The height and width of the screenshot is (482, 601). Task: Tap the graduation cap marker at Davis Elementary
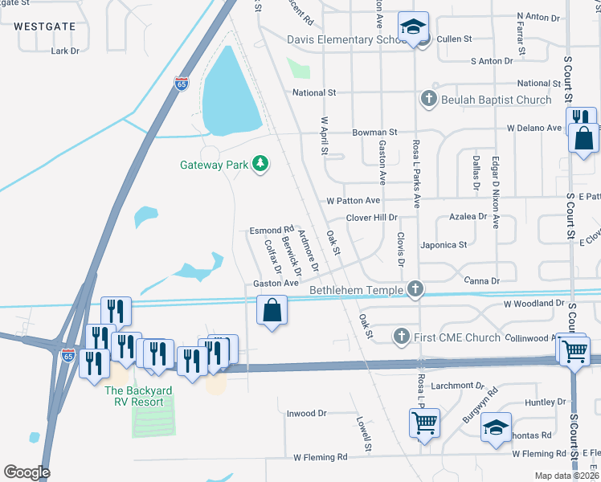(x=415, y=28)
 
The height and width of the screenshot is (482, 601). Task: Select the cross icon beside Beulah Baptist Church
(x=428, y=99)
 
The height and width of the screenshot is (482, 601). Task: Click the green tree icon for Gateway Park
(x=260, y=165)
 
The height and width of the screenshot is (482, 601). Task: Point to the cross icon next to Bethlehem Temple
(x=415, y=288)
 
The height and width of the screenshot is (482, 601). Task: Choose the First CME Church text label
(x=457, y=337)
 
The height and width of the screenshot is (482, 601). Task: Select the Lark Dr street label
(x=66, y=51)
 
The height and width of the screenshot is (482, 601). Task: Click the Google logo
(x=27, y=472)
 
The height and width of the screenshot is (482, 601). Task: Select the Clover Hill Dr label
(x=372, y=218)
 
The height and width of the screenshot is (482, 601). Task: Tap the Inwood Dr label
(x=307, y=414)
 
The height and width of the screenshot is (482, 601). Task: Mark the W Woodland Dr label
(x=534, y=304)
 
